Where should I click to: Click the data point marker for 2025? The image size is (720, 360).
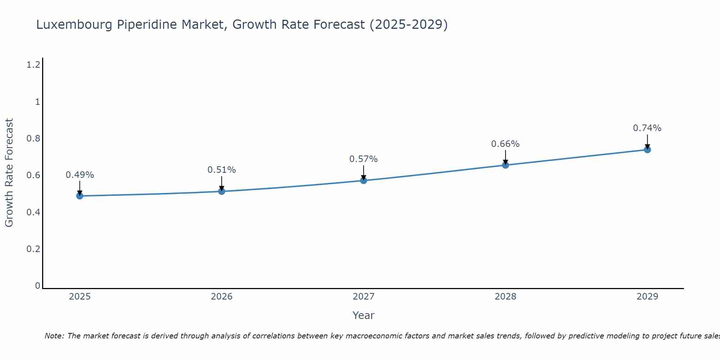point(80,196)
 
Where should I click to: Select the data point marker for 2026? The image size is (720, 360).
point(222,191)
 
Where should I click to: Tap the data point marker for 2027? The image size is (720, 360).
point(364,180)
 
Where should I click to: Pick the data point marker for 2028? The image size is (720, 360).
point(505,165)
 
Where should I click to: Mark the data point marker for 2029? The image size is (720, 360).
point(647,149)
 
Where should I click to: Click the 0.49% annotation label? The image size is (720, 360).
point(80,175)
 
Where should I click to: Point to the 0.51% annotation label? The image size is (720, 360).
point(222,170)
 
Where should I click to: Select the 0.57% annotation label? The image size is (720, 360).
point(364,159)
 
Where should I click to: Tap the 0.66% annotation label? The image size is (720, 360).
point(505,144)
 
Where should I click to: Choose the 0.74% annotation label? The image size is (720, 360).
point(647,128)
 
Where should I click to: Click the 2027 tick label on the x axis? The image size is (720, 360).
point(364,297)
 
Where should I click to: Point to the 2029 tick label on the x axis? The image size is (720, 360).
point(647,297)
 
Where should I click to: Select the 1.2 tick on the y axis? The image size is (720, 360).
point(33,65)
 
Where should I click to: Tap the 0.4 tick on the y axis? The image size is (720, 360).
point(33,212)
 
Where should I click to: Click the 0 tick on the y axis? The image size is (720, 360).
point(37,286)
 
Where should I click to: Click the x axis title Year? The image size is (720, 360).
point(364,315)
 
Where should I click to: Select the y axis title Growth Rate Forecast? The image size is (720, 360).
point(9,173)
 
